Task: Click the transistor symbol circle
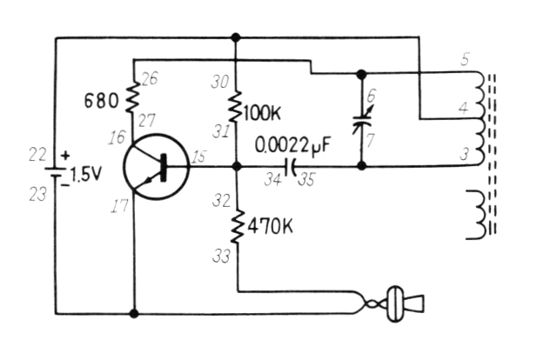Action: coord(124,167)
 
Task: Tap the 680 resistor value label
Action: coord(101,102)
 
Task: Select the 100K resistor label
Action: coord(261,113)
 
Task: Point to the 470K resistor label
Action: coord(270,227)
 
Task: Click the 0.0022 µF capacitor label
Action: coord(292,145)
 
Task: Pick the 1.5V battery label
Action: coord(86,174)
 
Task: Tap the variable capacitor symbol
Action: coord(361,119)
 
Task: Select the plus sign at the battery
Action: coord(65,156)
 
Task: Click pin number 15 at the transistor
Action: coord(199,157)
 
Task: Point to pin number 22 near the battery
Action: coord(37,155)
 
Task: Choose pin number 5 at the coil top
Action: coord(465,59)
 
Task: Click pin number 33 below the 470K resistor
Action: coord(221,256)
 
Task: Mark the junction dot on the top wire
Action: coord(236,37)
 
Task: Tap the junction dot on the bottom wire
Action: coord(134,313)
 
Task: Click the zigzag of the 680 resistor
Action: coord(132,97)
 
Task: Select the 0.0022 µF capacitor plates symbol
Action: coord(291,167)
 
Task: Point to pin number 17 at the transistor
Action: coord(119,205)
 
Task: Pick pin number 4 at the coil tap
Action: coord(463,108)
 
